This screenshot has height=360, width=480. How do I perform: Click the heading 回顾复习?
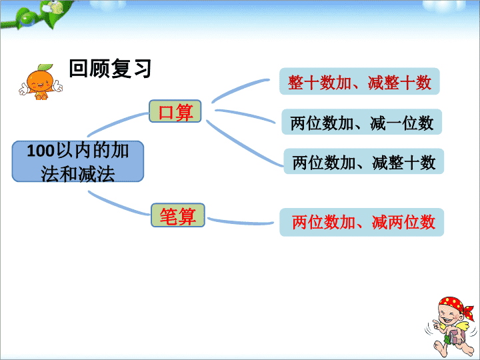click(x=110, y=68)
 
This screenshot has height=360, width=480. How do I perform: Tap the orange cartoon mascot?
click(x=41, y=82)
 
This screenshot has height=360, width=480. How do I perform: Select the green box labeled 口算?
click(x=175, y=111)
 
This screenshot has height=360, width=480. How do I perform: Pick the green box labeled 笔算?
click(x=178, y=215)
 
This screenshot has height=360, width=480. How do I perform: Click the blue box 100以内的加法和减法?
click(x=78, y=161)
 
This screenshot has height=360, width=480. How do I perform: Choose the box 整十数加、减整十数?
click(x=359, y=81)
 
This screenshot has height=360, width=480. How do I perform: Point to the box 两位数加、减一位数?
click(x=361, y=122)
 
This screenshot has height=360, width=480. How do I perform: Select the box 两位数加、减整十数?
click(x=364, y=161)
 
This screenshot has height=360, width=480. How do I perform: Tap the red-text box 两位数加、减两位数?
click(x=362, y=222)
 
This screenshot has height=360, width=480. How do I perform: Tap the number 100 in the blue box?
click(x=41, y=151)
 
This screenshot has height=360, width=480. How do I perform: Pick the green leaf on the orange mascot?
click(x=45, y=67)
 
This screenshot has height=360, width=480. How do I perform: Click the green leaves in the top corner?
click(x=37, y=15)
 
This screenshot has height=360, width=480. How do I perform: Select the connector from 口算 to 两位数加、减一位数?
click(x=245, y=115)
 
